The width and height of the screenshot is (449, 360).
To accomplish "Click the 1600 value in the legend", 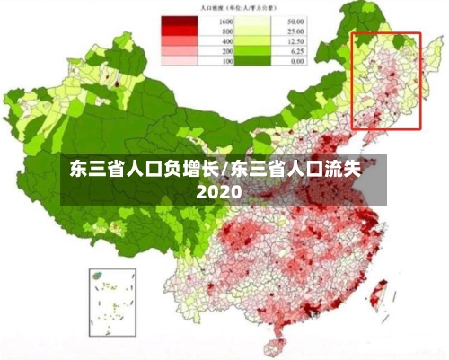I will pyautogui.click(x=226, y=21).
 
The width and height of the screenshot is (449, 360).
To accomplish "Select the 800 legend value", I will pyautogui.click(x=226, y=31).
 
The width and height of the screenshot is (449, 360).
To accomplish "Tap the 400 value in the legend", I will pyautogui.click(x=226, y=41).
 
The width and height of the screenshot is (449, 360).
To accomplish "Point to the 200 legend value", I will pyautogui.click(x=226, y=52).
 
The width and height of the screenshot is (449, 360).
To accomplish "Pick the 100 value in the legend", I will pyautogui.click(x=226, y=62).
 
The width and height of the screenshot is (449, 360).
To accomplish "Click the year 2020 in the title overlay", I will pyautogui.click(x=219, y=192).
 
